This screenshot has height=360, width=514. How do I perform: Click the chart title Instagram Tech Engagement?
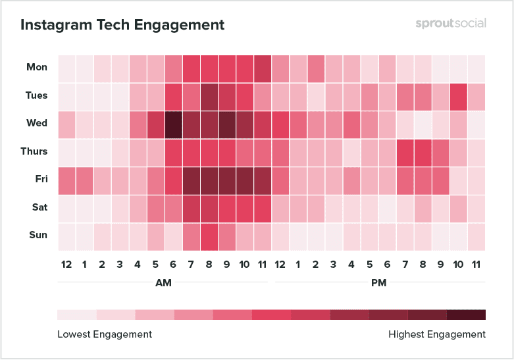click(x=122, y=25)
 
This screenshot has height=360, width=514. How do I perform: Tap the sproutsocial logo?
click(x=451, y=24)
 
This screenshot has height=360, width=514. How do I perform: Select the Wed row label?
click(x=37, y=123)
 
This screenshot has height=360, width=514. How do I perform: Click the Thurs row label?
click(x=34, y=151)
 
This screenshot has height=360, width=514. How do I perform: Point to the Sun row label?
click(x=38, y=235)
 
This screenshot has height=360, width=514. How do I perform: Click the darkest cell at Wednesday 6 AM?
click(x=174, y=124)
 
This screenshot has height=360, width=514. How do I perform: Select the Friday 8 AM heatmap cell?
click(x=209, y=180)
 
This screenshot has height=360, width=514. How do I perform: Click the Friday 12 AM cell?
click(x=66, y=180)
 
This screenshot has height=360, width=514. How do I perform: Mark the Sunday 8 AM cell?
click(x=209, y=236)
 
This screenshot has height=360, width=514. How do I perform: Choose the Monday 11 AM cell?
click(x=263, y=68)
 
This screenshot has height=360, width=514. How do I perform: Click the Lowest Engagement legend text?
click(x=105, y=334)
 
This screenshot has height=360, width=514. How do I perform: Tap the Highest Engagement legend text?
click(x=437, y=334)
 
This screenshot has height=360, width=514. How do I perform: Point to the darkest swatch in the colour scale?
click(x=467, y=315)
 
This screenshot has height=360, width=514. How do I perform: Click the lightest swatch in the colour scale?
click(x=77, y=315)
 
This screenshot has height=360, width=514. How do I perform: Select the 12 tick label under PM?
click(x=280, y=265)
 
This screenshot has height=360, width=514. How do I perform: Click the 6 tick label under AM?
click(x=174, y=265)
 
